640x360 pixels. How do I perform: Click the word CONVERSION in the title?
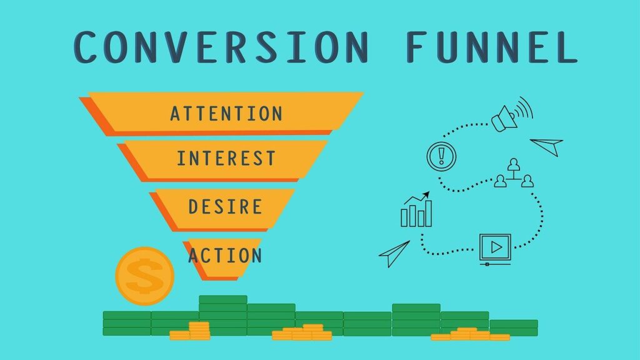222,47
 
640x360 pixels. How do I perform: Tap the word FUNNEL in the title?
492,47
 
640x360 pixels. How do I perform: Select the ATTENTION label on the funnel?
226,114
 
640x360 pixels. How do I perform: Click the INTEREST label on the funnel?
226,158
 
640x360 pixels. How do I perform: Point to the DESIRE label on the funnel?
225,207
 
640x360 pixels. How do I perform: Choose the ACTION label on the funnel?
225,256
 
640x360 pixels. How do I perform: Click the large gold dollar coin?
145,276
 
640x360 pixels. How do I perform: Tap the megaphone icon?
512,114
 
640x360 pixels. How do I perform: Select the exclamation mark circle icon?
441,156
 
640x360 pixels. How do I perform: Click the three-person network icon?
514,173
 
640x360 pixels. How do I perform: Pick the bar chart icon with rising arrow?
416,209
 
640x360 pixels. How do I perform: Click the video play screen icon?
495,249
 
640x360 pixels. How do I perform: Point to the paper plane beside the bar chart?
394,254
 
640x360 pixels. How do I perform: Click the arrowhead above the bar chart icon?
426,194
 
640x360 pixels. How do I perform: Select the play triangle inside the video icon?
496,247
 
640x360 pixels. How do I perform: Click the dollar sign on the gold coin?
144,276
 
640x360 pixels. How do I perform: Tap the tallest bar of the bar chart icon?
428,213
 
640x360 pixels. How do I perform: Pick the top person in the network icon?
514,164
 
